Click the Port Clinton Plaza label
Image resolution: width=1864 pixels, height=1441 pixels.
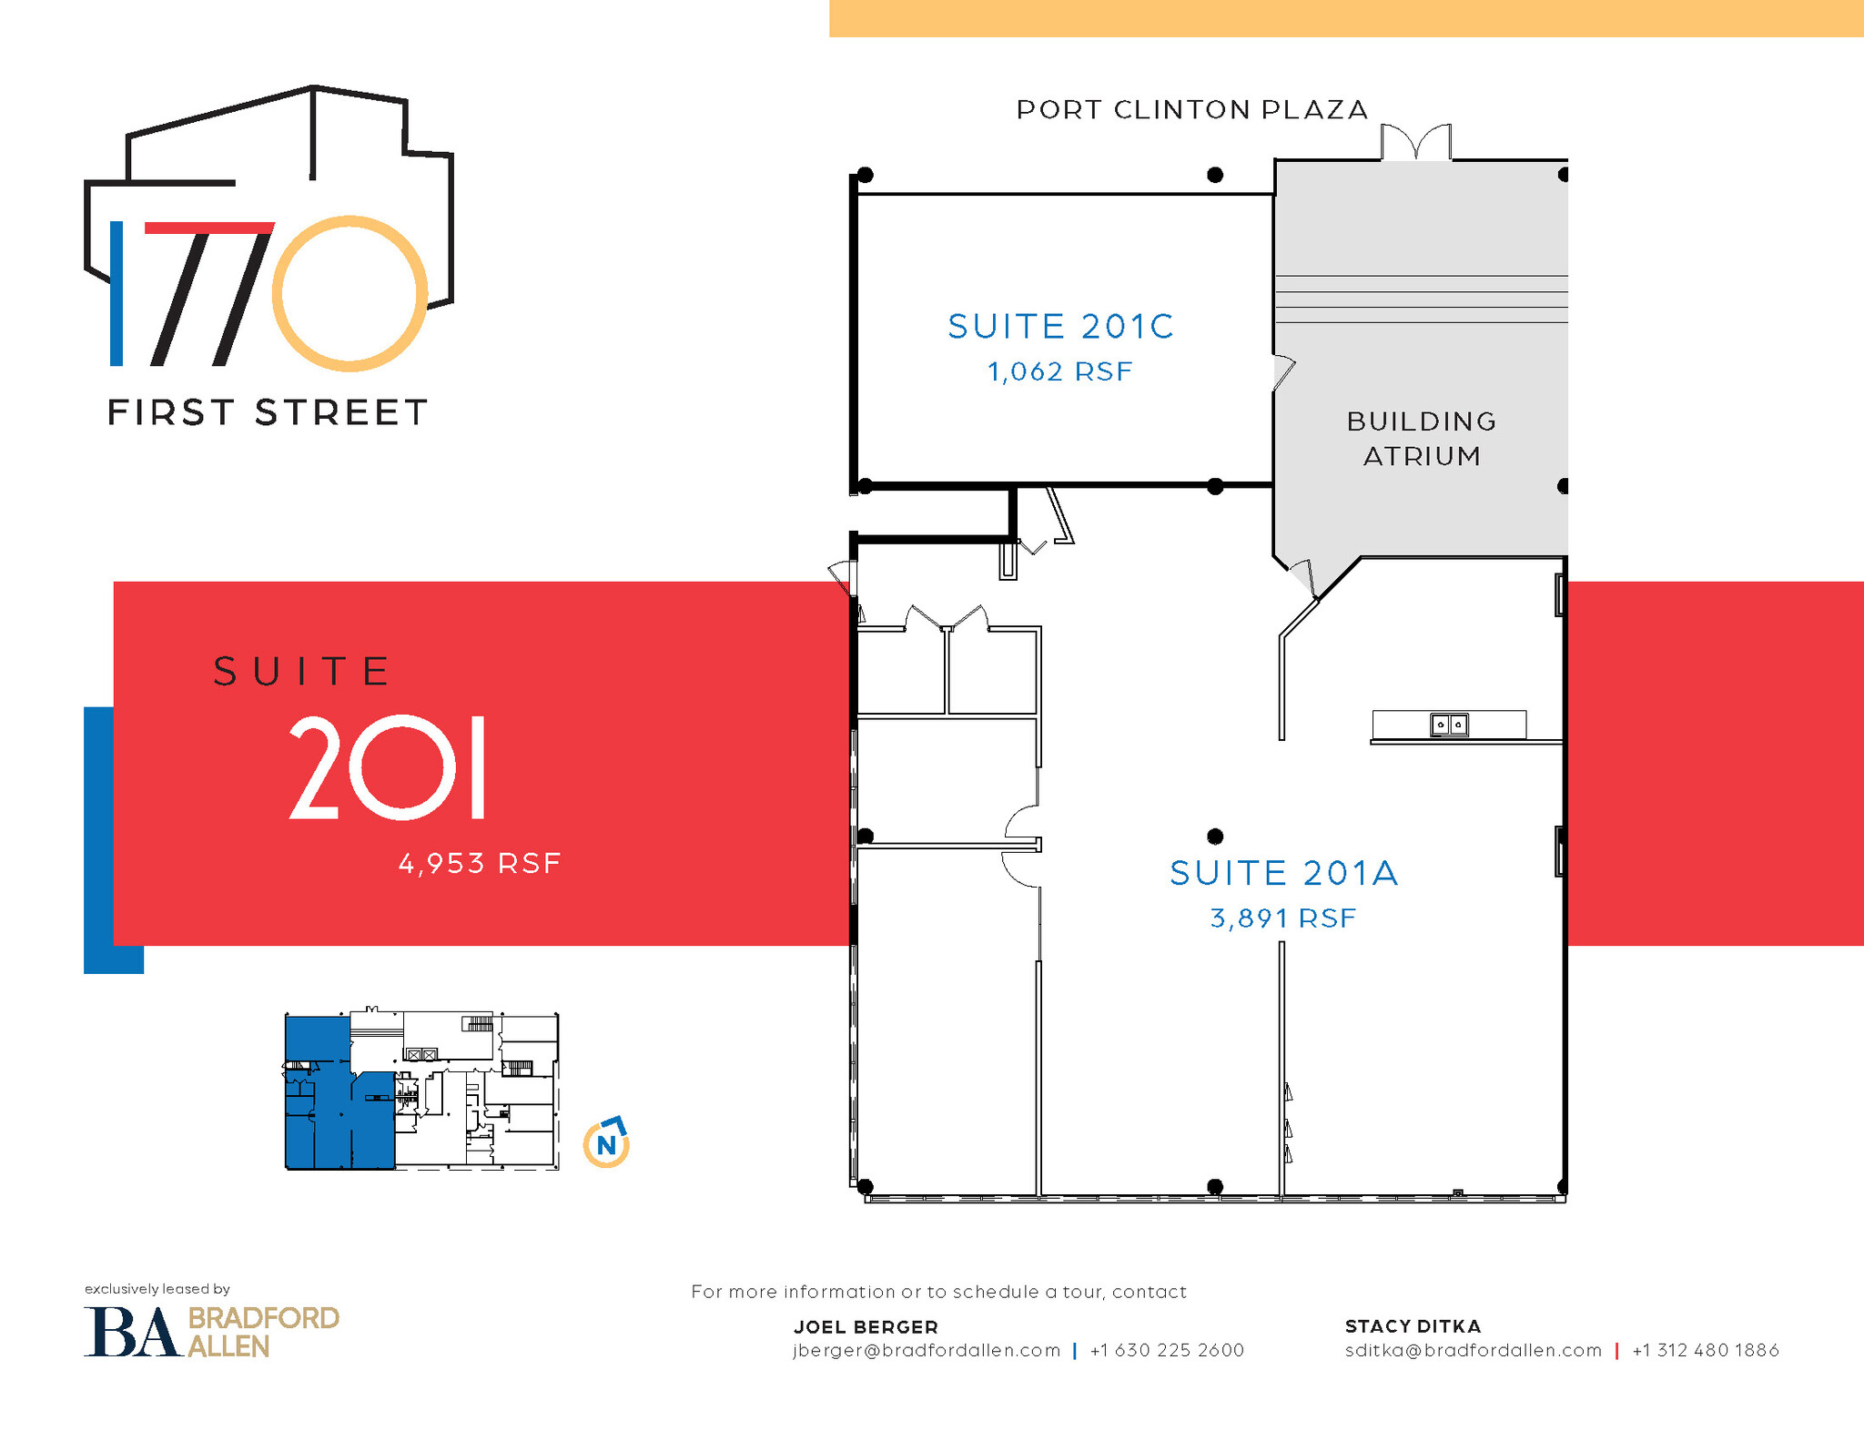point(1191,110)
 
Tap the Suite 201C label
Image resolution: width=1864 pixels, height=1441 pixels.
point(1060,326)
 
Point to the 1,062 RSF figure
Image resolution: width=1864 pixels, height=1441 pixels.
point(1060,371)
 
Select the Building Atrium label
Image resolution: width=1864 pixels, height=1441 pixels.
point(1422,438)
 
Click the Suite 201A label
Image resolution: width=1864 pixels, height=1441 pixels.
point(1283,873)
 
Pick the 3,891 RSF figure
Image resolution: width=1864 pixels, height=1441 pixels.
point(1283,918)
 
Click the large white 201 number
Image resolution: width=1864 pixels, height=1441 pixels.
point(388,767)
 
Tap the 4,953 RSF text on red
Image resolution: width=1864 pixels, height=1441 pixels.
point(480,863)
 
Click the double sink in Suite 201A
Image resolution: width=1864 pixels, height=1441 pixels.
point(1449,725)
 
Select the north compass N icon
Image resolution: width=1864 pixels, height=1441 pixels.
point(606,1144)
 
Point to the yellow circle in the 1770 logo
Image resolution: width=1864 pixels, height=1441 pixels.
point(349,293)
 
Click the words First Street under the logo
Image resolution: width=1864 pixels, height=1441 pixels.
point(268,412)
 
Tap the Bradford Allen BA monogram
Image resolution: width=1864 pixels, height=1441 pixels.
point(131,1332)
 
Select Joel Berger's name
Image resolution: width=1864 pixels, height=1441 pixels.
point(866,1326)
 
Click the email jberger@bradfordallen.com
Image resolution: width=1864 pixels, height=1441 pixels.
point(927,1350)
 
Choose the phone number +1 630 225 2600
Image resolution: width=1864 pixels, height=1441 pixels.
point(1167,1350)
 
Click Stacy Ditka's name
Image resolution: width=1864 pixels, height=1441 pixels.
point(1413,1326)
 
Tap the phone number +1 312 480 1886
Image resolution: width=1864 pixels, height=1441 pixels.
point(1706,1350)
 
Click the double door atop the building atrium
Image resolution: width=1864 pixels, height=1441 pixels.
point(1415,143)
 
